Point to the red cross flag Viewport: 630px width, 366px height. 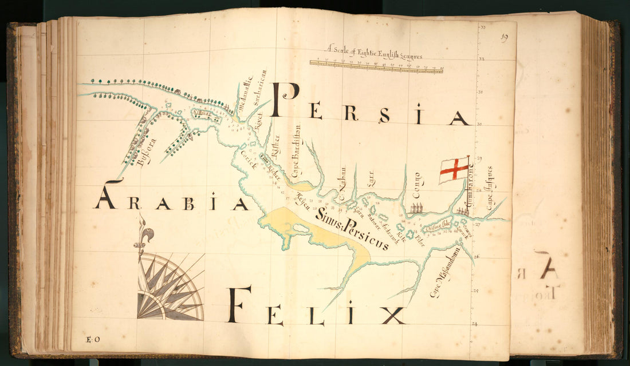coord(454,169)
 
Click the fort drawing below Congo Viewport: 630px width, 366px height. coord(418,208)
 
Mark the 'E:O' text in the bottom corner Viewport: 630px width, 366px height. coord(93,340)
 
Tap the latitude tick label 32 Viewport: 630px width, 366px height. coord(482,59)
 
